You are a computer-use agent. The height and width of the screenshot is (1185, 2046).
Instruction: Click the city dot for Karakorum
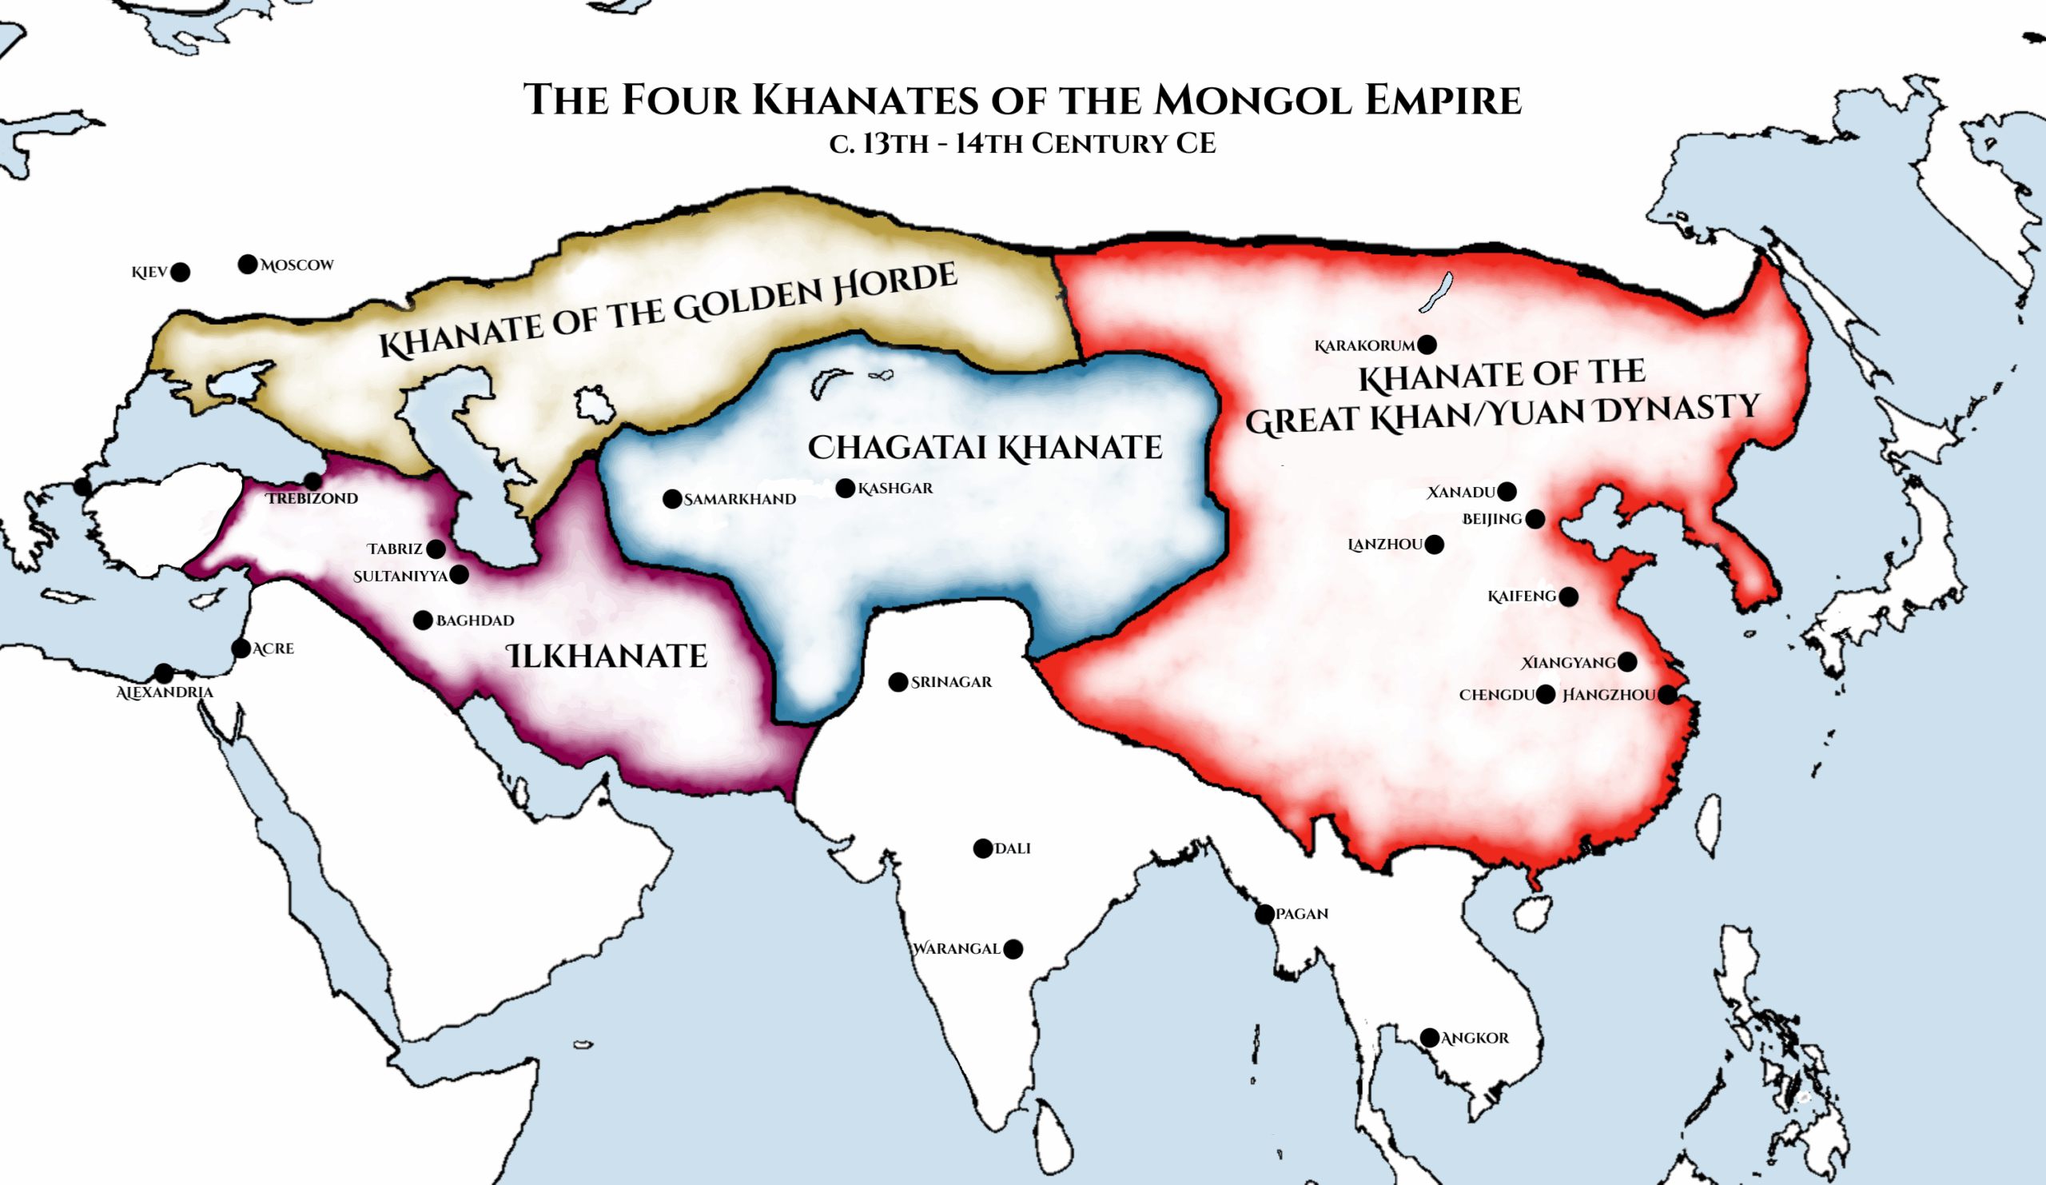tap(1427, 345)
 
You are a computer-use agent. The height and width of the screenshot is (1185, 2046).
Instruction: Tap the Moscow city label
tap(297, 265)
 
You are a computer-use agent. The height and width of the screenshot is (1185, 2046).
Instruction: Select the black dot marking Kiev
tap(181, 272)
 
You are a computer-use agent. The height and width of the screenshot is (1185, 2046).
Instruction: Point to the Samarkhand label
tap(739, 500)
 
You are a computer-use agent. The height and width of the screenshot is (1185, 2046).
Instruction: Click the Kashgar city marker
tap(846, 488)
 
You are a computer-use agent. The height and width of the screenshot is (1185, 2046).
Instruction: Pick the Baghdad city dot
tap(423, 620)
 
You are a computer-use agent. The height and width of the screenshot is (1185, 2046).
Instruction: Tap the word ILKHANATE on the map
tap(607, 656)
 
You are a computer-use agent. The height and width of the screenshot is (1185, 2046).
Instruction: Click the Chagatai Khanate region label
tap(985, 448)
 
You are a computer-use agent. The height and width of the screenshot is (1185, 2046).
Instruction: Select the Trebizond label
tap(312, 499)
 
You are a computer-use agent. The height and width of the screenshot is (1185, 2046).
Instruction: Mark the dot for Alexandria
tap(164, 673)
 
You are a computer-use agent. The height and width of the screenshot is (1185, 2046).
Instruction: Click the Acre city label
tap(273, 649)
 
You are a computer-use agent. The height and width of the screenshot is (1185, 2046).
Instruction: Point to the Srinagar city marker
tap(898, 682)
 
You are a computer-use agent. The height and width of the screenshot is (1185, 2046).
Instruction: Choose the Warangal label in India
tap(957, 948)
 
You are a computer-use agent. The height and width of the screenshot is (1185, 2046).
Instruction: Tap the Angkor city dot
tap(1430, 1038)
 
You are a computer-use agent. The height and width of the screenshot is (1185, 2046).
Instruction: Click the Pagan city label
tap(1301, 914)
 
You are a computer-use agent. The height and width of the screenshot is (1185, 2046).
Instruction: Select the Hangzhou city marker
tap(1667, 694)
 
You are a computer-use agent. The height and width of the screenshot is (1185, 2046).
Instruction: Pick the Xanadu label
tap(1462, 493)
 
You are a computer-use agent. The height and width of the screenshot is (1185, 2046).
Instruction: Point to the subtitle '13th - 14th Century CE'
tap(1022, 144)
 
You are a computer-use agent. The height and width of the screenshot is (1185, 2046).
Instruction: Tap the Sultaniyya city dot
tap(459, 575)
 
